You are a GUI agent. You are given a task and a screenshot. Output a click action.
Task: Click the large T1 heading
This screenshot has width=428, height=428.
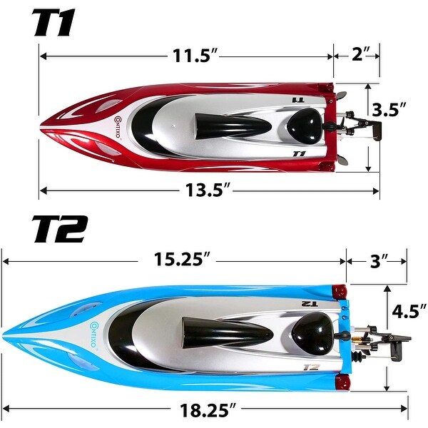tap(54, 23)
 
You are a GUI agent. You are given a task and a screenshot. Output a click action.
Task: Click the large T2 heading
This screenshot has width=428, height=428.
tap(60, 229)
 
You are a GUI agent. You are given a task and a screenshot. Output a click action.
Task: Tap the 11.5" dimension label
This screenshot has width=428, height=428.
tap(195, 56)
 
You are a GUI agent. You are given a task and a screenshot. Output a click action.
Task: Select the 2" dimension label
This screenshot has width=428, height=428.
tap(361, 54)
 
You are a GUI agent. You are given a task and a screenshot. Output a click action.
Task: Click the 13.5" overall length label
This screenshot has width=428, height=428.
tap(208, 190)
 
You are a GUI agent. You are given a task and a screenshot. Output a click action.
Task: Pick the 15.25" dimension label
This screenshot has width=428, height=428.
tap(183, 259)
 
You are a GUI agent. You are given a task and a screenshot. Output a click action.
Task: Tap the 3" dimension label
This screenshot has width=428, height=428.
tap(379, 260)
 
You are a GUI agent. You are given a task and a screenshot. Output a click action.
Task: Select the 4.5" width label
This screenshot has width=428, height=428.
tap(409, 311)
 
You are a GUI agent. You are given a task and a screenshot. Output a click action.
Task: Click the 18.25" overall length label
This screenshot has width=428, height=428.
tap(208, 409)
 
